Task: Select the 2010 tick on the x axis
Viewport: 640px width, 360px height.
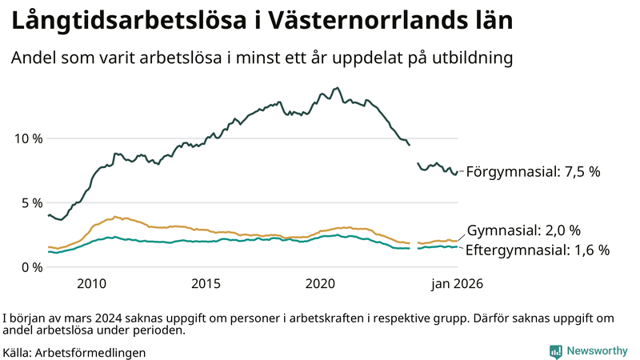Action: pyautogui.click(x=91, y=283)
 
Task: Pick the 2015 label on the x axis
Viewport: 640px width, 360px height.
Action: pyautogui.click(x=206, y=283)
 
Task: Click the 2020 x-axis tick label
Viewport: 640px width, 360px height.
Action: pyautogui.click(x=320, y=283)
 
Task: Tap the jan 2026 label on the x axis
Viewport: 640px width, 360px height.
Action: pyautogui.click(x=458, y=283)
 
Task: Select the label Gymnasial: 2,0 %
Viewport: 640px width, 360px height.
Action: pyautogui.click(x=524, y=230)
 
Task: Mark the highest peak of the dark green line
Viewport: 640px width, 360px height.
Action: pyautogui.click(x=337, y=88)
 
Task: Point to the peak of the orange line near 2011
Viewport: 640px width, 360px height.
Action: pyautogui.click(x=117, y=216)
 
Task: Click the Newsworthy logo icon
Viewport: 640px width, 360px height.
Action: pyautogui.click(x=555, y=351)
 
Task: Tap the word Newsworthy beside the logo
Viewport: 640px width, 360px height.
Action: pyautogui.click(x=597, y=351)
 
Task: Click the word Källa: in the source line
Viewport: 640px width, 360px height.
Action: pyautogui.click(x=18, y=352)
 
